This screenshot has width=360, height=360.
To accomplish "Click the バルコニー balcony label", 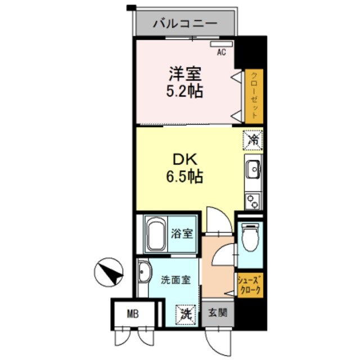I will [185, 24].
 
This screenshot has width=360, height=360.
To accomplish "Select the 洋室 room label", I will [183, 74].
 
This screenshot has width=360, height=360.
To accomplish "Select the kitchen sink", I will [253, 168].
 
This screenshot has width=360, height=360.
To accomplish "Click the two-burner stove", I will [253, 199].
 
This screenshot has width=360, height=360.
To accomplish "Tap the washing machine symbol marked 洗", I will [185, 314].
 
